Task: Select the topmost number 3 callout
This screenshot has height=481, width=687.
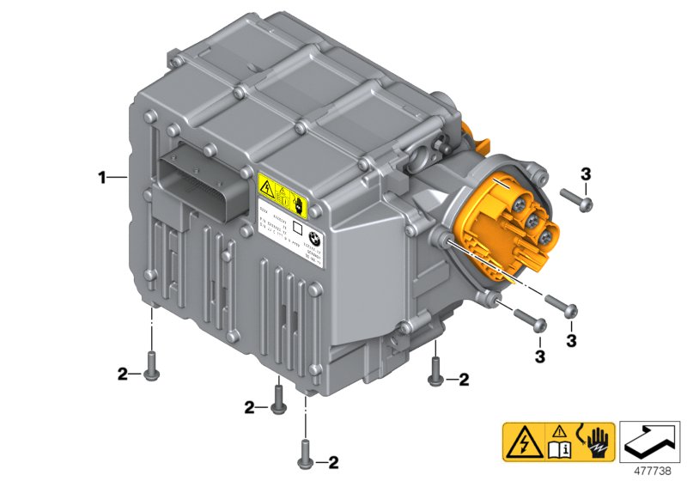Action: (x=585, y=174)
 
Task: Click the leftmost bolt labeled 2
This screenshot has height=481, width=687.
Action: (x=152, y=366)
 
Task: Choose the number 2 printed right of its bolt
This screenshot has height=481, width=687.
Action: (x=464, y=378)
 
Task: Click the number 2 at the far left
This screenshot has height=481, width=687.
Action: (x=123, y=374)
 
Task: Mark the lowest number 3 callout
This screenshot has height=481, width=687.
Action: (x=540, y=354)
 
